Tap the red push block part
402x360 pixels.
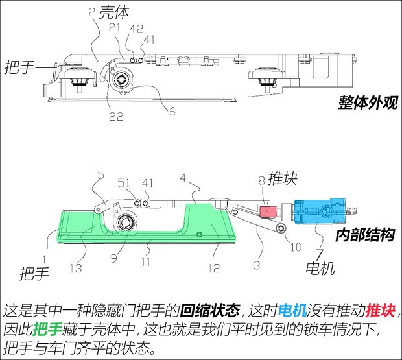[268, 210]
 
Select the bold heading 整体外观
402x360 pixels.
[367, 102]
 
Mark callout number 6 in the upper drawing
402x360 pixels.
[172, 112]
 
